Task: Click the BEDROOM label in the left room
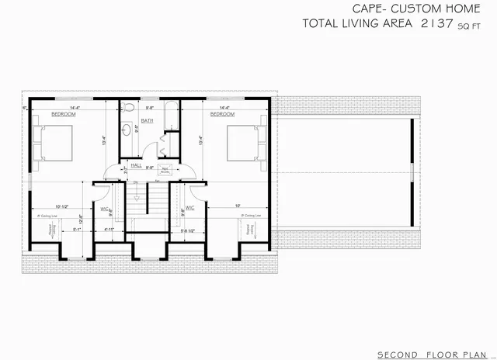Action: point(63,114)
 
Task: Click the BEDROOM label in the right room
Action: point(221,114)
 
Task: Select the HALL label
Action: point(136,165)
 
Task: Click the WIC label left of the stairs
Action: point(104,208)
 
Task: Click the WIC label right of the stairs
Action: point(189,208)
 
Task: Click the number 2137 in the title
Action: point(436,24)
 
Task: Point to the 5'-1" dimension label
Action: point(78,229)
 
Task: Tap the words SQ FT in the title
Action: point(469,26)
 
